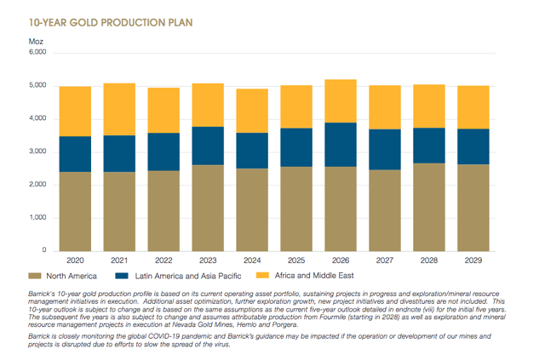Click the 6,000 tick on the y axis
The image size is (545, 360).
click(35, 53)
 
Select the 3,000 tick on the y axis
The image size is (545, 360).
click(35, 152)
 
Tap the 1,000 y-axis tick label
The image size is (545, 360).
click(35, 218)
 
